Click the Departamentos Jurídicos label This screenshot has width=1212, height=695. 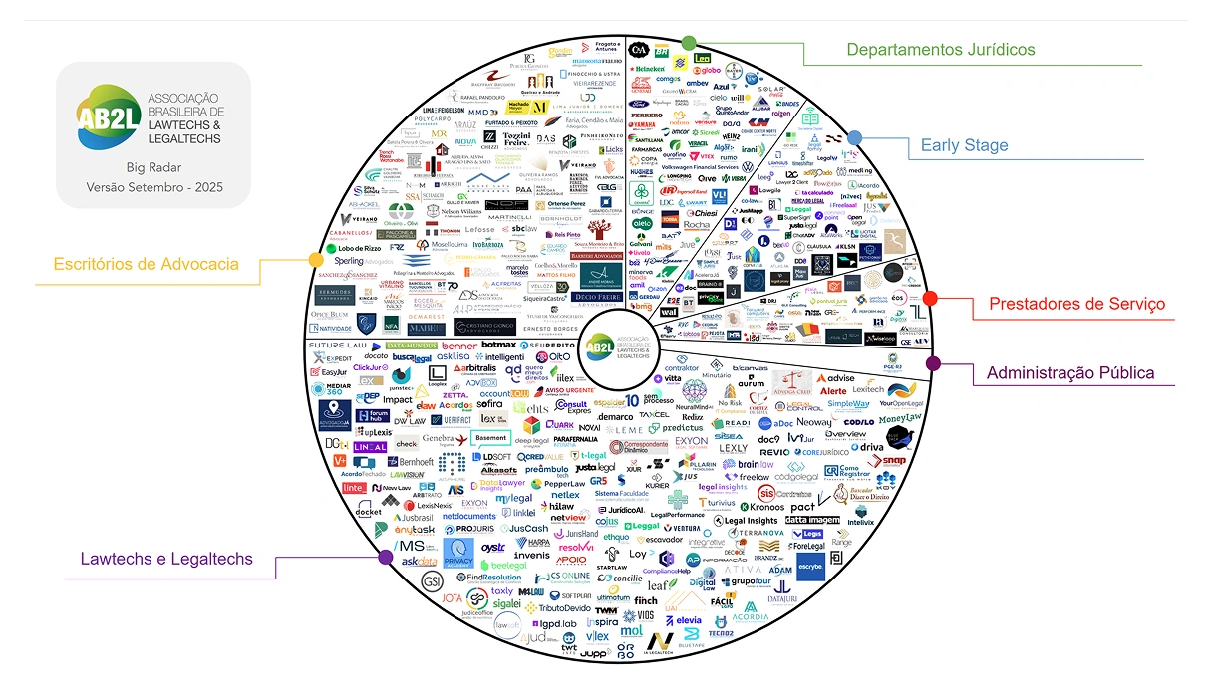point(940,49)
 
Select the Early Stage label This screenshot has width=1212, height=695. point(964,145)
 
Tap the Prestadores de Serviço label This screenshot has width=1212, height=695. point(1075,303)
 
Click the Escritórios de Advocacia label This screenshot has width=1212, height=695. point(148,264)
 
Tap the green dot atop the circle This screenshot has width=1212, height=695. point(688,43)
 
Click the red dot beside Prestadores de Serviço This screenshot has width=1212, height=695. point(930,298)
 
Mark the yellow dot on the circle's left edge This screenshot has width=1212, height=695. point(316,260)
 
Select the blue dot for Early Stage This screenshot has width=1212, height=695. point(854,137)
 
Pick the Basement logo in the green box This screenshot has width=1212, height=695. point(491,437)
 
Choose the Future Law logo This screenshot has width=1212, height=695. point(340,346)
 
